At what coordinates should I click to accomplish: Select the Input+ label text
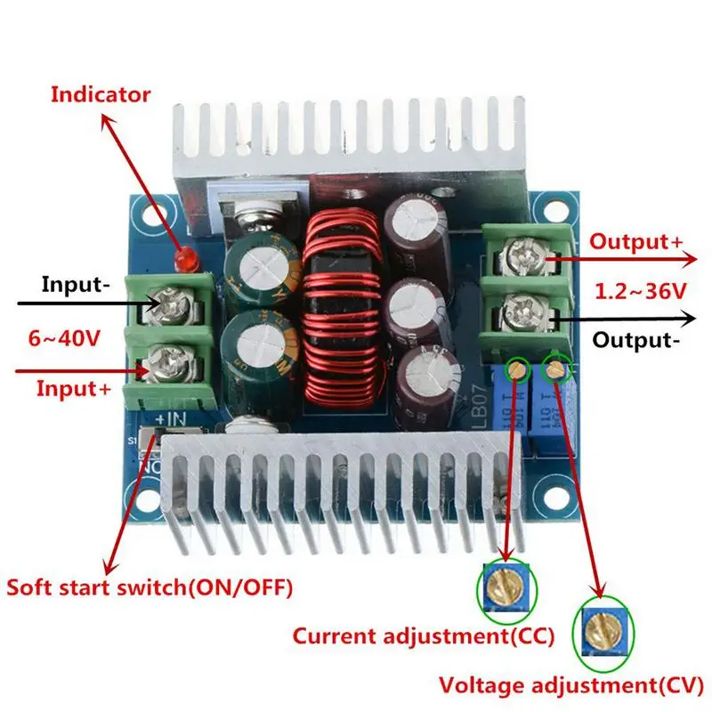point(75,388)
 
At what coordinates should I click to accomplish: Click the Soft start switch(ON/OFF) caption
point(149,587)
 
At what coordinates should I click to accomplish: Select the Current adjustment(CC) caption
point(425,635)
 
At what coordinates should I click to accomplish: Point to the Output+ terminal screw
point(520,258)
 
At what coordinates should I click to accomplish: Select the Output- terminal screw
point(520,314)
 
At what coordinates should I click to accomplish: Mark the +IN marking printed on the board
point(171,417)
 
